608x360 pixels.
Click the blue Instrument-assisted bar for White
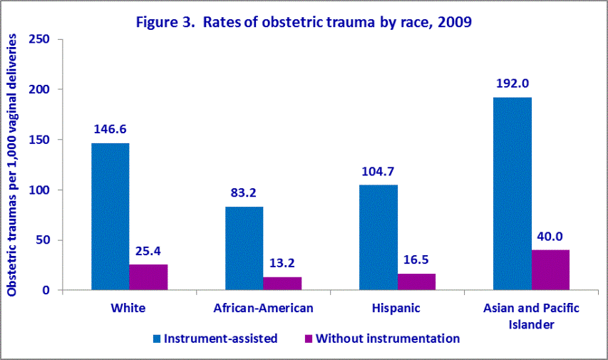(x=110, y=217)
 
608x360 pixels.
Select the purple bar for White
(x=148, y=277)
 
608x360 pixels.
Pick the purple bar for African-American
(x=282, y=283)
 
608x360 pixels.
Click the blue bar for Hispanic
(x=378, y=237)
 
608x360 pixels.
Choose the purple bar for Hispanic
(x=416, y=282)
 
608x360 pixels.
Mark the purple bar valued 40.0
(x=550, y=270)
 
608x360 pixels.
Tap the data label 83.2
(x=244, y=192)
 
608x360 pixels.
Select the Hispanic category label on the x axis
(x=396, y=309)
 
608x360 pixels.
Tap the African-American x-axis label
(x=263, y=309)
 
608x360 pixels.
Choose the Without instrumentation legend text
(x=387, y=339)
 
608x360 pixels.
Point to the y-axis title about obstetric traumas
(x=12, y=165)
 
